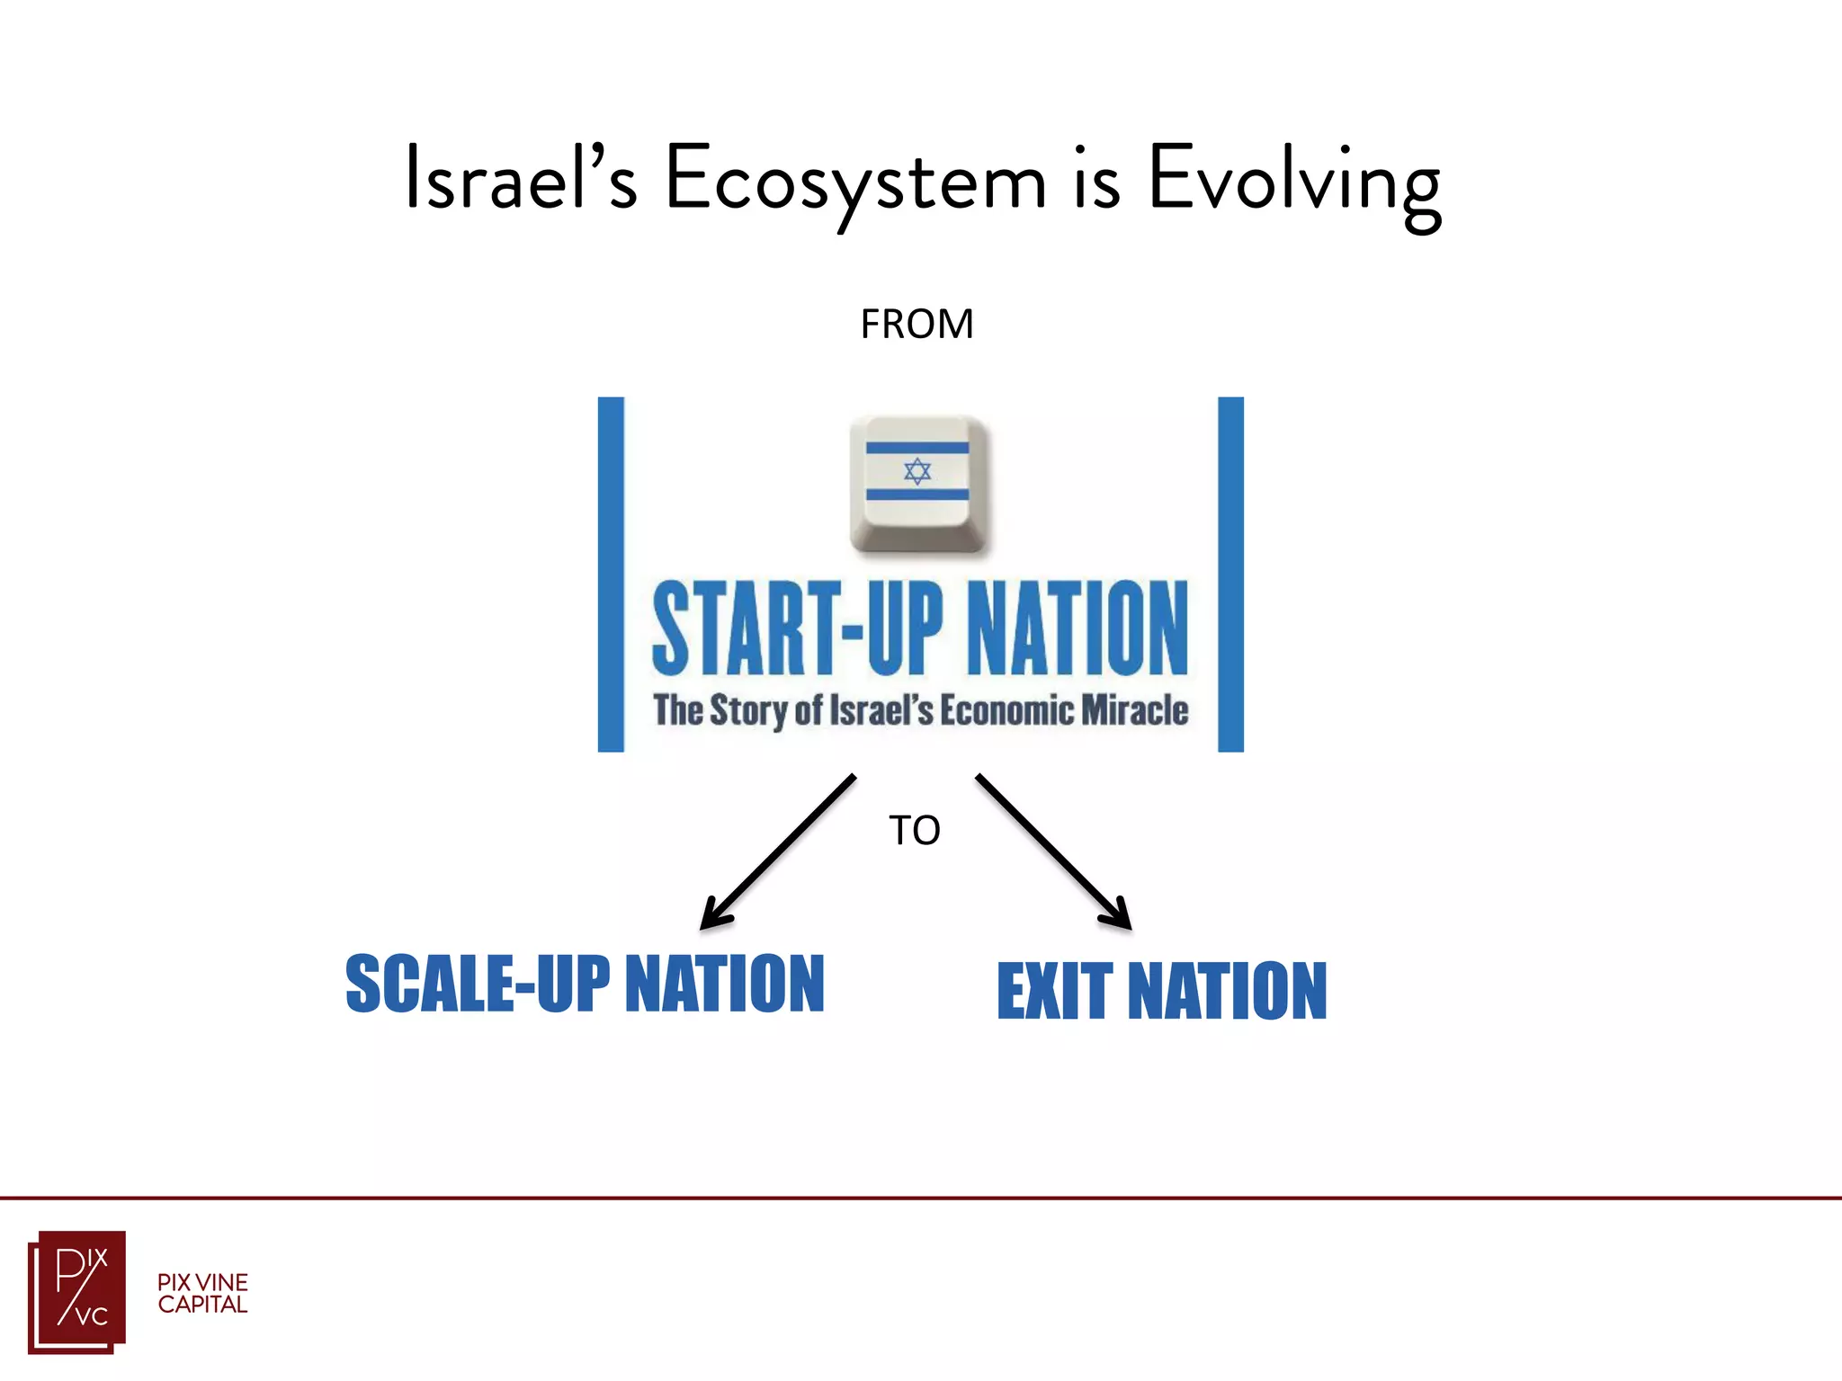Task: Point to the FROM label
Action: [x=917, y=325]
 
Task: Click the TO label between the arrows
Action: [x=915, y=831]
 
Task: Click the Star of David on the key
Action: [x=917, y=471]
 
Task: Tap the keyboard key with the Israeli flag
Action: [x=918, y=484]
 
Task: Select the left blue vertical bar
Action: [x=611, y=575]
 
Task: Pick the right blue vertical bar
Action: [x=1230, y=575]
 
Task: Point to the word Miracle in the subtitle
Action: [x=1134, y=710]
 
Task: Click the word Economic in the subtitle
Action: [x=1006, y=710]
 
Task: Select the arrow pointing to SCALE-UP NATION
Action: [x=779, y=851]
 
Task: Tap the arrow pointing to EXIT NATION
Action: [x=1052, y=851]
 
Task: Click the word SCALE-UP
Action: [x=478, y=985]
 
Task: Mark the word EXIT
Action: [x=1055, y=992]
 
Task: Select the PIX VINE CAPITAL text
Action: [x=202, y=1294]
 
